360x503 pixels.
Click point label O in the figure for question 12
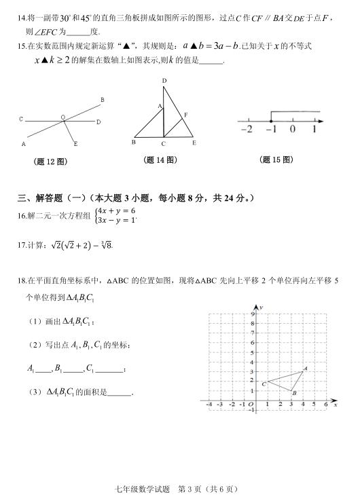[x=63, y=117]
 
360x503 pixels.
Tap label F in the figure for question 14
[x=185, y=115]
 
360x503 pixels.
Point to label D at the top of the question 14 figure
[x=164, y=81]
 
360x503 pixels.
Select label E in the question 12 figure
[x=75, y=143]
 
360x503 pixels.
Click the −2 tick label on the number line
[x=247, y=129]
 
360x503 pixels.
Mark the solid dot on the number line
[x=270, y=120]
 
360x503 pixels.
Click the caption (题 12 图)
[x=50, y=162]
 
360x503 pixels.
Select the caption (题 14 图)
[x=161, y=160]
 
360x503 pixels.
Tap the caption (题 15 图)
[x=277, y=160]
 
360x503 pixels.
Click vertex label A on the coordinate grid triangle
[x=305, y=369]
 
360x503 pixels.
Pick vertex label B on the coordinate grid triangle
[x=293, y=393]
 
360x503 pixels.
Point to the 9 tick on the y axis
[x=252, y=314]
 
